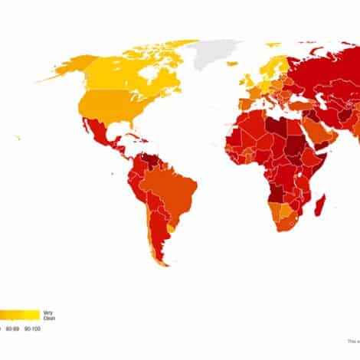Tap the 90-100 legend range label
[32, 329]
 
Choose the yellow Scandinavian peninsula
[270, 64]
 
